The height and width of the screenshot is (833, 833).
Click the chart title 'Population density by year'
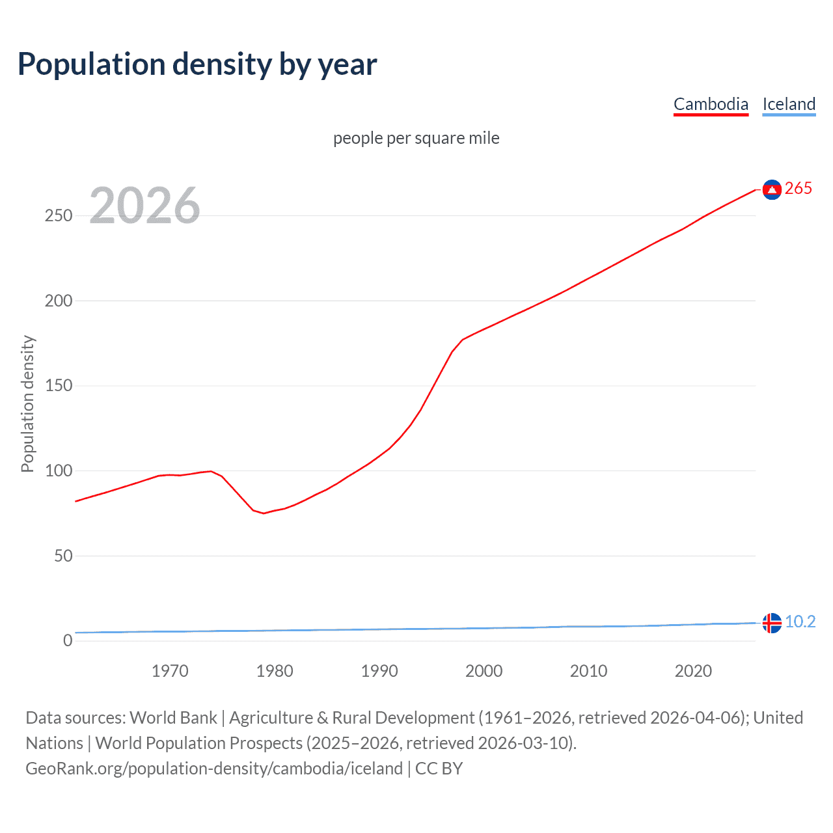coord(197,64)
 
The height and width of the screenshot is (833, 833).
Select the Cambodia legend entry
coord(711,104)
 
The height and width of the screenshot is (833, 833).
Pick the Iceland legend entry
coord(789,104)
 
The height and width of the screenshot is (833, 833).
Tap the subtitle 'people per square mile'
coord(416,138)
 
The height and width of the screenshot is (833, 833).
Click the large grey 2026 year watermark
coord(144,206)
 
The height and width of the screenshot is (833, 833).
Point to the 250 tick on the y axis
coord(59,215)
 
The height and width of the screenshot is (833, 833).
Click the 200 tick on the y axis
coord(59,301)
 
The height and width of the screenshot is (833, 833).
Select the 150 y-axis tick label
coord(59,386)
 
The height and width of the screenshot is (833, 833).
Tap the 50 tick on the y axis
coord(63,556)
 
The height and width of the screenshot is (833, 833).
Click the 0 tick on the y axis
coord(68,640)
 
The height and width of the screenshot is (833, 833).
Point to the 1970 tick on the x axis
coord(170,671)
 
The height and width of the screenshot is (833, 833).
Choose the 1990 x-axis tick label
coord(379,671)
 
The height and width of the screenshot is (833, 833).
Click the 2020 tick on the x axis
coord(693,671)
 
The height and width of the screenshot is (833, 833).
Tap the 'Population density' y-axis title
coord(27,403)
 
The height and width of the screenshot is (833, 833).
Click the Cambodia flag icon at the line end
coord(772,189)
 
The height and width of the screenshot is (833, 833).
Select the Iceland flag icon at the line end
coord(772,623)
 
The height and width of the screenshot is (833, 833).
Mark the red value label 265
coord(799,189)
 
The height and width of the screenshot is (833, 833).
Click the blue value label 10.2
coord(800,622)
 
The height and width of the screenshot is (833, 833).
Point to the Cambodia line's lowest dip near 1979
coord(264,513)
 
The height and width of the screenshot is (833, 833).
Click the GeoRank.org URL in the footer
coord(214,769)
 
